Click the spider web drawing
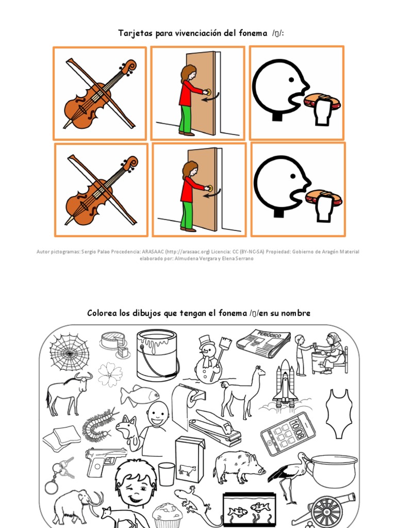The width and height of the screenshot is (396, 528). click(x=69, y=352)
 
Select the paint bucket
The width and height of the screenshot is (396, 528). click(x=157, y=355)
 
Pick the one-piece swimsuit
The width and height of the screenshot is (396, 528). click(x=339, y=413)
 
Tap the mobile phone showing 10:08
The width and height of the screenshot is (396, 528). click(x=288, y=434)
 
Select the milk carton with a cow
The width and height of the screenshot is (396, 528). click(x=189, y=459)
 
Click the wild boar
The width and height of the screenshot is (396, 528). click(x=238, y=466)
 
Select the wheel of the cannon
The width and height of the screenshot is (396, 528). click(x=327, y=511)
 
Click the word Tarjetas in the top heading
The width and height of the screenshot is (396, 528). click(x=134, y=34)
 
